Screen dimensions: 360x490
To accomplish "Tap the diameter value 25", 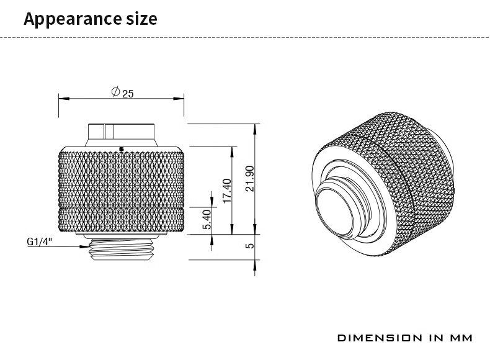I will (x=128, y=94).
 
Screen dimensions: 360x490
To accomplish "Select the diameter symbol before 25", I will (x=115, y=92).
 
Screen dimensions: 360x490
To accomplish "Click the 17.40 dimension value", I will (x=226, y=191).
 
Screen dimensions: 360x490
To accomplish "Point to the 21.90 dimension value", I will (x=250, y=179).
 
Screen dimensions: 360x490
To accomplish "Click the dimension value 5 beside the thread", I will (x=249, y=246).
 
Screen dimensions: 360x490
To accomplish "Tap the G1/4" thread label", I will (x=38, y=242).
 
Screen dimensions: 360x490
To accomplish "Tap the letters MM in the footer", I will (x=461, y=338).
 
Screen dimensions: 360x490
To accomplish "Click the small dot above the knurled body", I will (x=121, y=148).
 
